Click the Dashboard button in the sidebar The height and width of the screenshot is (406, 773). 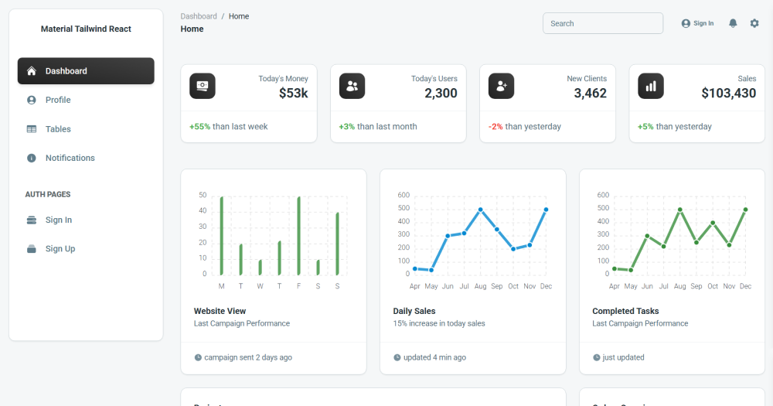[x=86, y=71]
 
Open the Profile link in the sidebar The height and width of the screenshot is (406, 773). [x=57, y=100]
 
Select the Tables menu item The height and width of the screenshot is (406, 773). [x=57, y=129]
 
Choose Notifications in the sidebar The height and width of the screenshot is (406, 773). [x=70, y=158]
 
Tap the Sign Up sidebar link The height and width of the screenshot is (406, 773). [x=60, y=249]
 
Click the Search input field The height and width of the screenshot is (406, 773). [x=602, y=23]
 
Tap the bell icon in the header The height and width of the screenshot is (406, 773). [x=733, y=23]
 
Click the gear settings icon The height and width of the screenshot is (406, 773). [x=754, y=23]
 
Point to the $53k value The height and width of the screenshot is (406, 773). [x=293, y=94]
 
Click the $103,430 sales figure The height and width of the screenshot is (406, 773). [x=728, y=94]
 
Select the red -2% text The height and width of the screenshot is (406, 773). [x=495, y=127]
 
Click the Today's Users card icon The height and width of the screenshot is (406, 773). [x=352, y=87]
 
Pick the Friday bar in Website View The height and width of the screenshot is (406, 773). [x=299, y=235]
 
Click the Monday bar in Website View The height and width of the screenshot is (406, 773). [x=222, y=235]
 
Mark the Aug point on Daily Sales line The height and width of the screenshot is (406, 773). [x=480, y=210]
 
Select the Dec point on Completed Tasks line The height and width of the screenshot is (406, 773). [x=745, y=210]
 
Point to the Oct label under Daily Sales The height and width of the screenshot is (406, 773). [x=513, y=286]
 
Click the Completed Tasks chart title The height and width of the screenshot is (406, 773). [x=625, y=312]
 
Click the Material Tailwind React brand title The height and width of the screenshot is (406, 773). [x=86, y=29]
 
